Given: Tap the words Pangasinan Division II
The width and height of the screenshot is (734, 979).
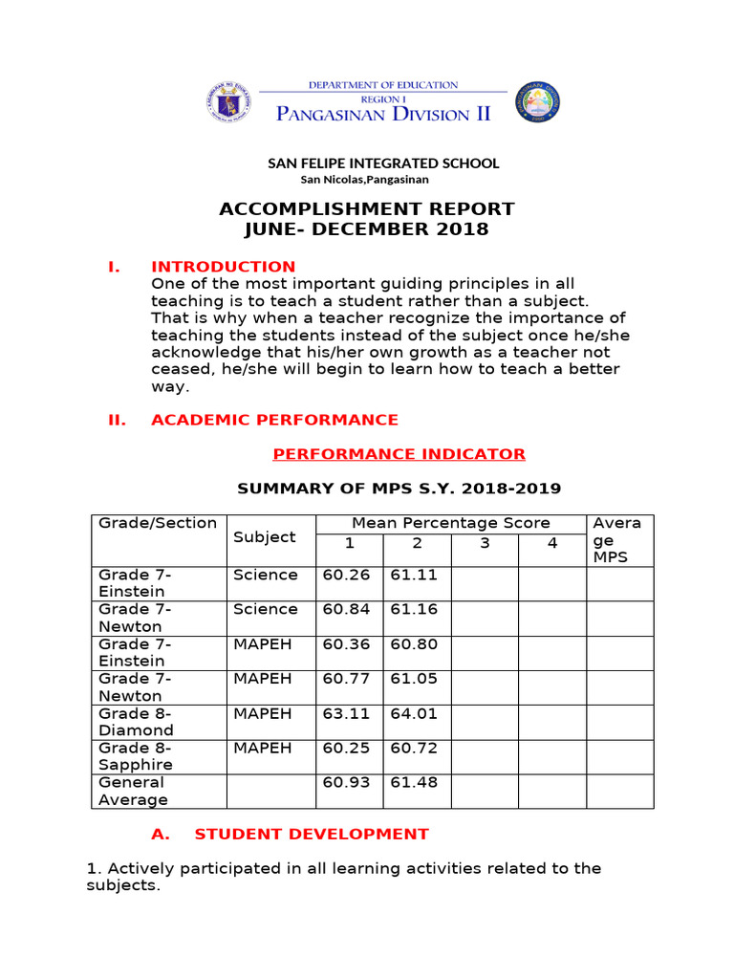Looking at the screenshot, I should click(383, 115).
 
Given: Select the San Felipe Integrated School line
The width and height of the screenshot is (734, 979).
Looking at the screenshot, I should click(382, 163).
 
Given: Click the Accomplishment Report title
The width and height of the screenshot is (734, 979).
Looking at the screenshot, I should click(367, 209).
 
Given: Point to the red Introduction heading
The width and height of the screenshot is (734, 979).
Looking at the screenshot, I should click(223, 267).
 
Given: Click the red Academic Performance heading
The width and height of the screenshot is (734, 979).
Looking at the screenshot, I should click(274, 420).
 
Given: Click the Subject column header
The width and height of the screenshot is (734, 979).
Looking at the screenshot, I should click(265, 537).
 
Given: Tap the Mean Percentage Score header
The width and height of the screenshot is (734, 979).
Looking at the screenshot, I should click(451, 523).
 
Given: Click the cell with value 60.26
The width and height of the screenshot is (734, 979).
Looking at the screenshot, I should click(346, 576).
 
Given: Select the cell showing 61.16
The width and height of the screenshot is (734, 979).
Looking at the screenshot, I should click(414, 610).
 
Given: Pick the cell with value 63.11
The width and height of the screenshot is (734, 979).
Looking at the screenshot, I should click(346, 713).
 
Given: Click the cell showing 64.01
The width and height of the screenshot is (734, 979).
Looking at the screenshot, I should click(414, 713).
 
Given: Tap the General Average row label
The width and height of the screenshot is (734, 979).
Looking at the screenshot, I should click(134, 791).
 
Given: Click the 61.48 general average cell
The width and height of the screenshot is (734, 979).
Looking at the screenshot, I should click(414, 783).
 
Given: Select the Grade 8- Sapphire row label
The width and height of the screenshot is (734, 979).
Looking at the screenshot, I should click(136, 756).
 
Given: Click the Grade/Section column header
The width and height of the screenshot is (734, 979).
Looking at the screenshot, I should click(158, 523).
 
